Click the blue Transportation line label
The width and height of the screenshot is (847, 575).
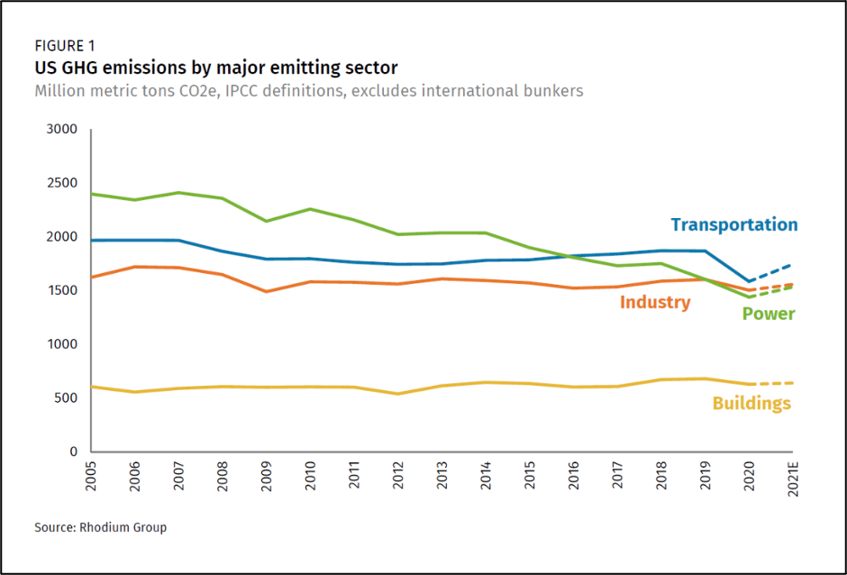(x=733, y=225)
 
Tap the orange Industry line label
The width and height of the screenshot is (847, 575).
(x=655, y=303)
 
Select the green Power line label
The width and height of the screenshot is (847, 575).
(x=768, y=315)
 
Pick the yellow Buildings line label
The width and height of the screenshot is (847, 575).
(x=751, y=403)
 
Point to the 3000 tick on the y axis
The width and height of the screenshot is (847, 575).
(x=62, y=131)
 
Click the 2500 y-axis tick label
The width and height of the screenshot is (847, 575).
(x=62, y=184)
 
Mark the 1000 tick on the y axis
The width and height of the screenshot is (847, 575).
(x=62, y=345)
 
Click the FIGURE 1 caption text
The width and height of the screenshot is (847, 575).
(x=64, y=46)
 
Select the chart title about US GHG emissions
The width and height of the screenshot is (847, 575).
(x=215, y=68)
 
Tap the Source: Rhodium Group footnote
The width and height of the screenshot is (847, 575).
(x=100, y=527)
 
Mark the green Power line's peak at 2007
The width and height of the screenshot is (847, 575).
(x=178, y=193)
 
